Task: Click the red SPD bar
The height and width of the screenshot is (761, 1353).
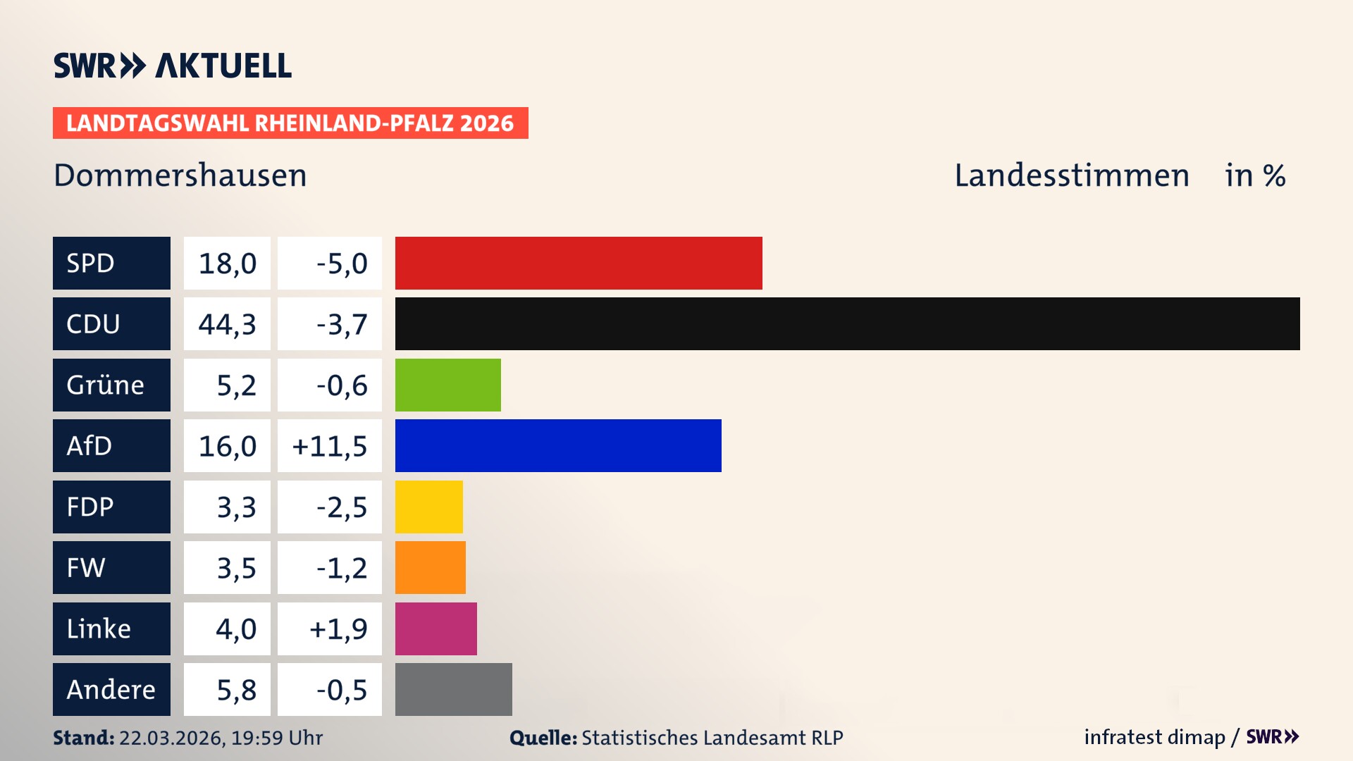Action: pos(578,263)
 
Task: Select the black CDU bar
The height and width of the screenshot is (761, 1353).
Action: pos(847,323)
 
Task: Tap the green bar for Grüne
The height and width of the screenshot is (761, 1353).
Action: pos(447,385)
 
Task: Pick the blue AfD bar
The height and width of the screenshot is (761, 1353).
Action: pos(558,445)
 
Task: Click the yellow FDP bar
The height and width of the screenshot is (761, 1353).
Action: pos(428,507)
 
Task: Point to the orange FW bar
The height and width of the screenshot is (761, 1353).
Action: pos(430,567)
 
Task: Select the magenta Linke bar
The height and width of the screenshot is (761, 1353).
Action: pos(435,629)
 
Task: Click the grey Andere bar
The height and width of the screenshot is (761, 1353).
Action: pos(453,689)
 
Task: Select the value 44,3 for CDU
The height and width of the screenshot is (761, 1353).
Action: pos(227,324)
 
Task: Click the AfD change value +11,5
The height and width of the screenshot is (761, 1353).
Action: pos(329,446)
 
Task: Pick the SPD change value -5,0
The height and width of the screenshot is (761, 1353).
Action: pos(341,264)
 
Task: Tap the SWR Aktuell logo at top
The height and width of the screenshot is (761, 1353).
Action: pos(172,66)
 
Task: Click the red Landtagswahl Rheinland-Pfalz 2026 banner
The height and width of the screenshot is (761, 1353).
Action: pos(290,123)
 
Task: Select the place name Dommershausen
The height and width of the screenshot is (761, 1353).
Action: pos(180,175)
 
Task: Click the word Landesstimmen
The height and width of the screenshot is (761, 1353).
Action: pos(1071,175)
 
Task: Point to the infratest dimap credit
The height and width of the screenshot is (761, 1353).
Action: pos(1154,737)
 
